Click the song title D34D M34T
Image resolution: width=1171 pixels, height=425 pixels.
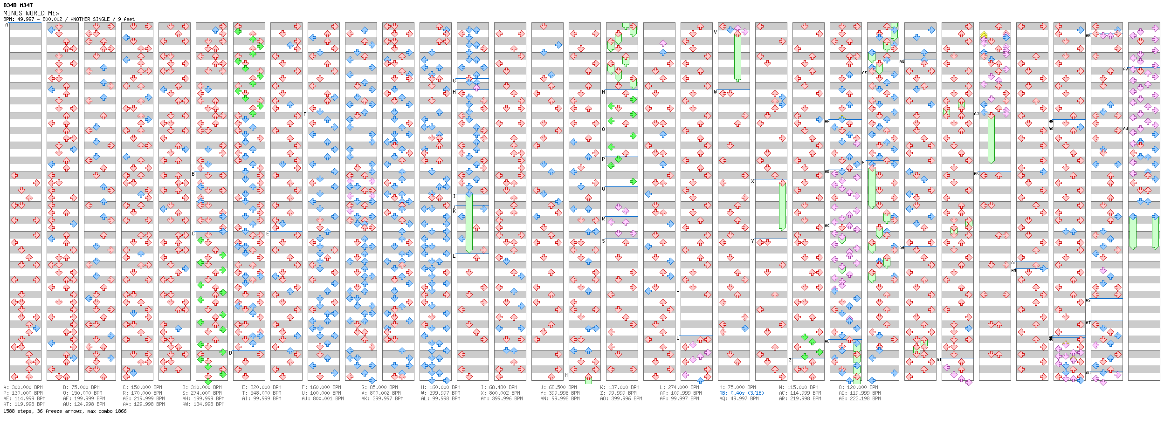(18, 5)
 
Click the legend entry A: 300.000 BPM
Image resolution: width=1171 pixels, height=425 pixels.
(23, 387)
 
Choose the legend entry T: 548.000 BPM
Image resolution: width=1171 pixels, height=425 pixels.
(262, 393)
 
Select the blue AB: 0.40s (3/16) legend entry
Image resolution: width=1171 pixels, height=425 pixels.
(741, 393)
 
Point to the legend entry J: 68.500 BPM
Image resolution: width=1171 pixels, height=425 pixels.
(560, 387)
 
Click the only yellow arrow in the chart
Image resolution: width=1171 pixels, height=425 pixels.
(984, 34)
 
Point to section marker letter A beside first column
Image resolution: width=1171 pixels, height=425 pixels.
(7, 25)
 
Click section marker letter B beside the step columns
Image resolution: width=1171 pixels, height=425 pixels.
(193, 174)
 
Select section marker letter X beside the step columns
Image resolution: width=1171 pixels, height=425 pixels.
(752, 181)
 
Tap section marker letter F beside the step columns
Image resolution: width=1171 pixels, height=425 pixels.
(305, 114)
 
